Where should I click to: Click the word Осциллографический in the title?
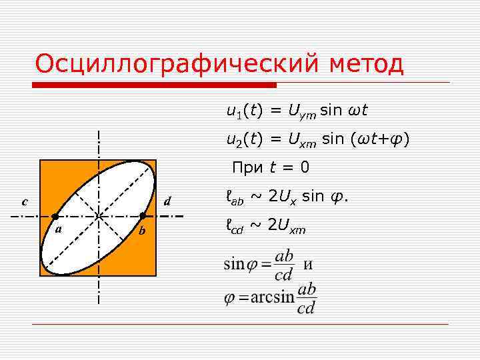177,65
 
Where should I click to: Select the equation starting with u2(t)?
317,139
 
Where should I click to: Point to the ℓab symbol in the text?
235,199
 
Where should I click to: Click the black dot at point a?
55,217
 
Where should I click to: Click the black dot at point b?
142,216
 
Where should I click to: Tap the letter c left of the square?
25,201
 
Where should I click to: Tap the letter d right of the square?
168,201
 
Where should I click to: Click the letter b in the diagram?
141,231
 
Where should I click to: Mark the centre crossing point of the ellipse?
99,217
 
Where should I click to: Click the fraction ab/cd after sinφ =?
283,265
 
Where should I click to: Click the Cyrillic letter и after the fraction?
308,265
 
